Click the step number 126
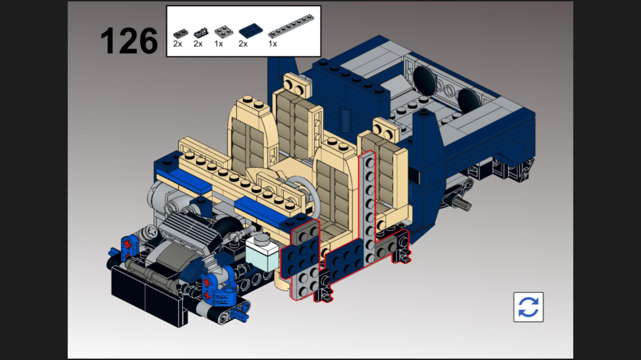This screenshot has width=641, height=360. tap(129, 41)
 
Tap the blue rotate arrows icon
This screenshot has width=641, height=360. tap(528, 307)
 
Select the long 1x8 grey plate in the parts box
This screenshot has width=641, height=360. tap(291, 26)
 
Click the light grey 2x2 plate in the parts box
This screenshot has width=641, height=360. tap(223, 31)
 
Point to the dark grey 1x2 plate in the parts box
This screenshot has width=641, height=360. tap(181, 34)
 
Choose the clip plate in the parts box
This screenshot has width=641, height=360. tap(201, 33)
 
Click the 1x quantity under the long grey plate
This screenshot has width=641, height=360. tap(273, 44)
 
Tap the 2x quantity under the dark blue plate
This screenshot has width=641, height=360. tap(243, 44)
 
